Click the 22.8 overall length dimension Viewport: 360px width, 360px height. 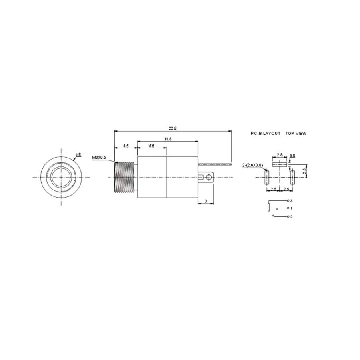coord(173,128)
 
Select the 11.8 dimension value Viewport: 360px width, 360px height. coord(168,139)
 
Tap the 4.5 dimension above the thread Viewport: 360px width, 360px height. coord(126,146)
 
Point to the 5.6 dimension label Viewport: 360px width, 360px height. coord(152,146)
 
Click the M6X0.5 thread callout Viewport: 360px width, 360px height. coord(99,158)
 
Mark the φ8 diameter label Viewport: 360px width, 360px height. coord(78,154)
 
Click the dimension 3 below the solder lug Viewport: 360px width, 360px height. coord(206,201)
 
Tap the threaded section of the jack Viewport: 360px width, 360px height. coord(124,178)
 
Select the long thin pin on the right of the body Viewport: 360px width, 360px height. coord(215,164)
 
